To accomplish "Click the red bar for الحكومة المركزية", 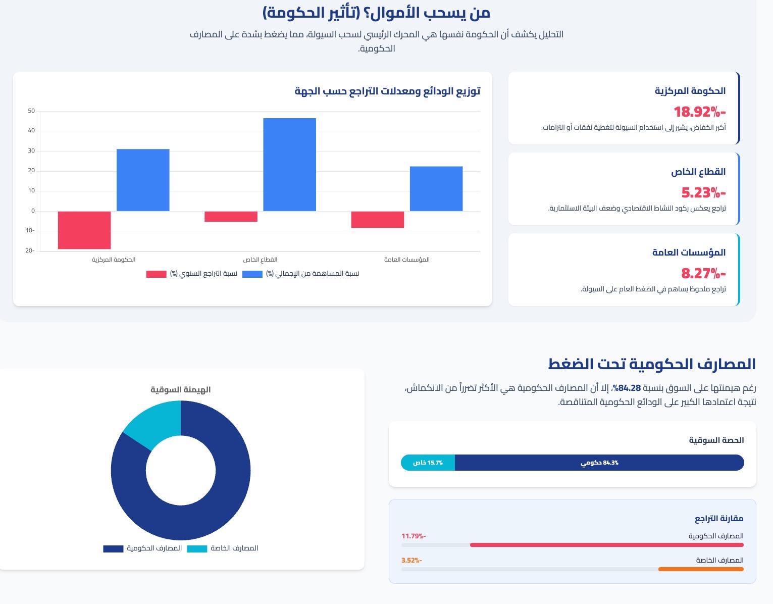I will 84,230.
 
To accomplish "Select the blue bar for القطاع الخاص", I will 289,164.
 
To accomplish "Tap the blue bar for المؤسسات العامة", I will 436,188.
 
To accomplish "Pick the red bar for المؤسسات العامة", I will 378,220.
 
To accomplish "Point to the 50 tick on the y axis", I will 31,111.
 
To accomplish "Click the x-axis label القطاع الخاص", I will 260,260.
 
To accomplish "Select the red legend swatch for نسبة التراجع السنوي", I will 156,274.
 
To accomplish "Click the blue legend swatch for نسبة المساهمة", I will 252,274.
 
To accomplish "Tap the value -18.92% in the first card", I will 699,112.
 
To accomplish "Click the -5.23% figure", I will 703,192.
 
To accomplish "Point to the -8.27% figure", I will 703,273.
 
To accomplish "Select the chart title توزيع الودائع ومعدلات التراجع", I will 387,91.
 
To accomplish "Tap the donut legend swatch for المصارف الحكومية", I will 113,549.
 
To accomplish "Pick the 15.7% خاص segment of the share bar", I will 428,463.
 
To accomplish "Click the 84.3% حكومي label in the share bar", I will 599,463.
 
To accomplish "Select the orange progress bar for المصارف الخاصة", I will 701,569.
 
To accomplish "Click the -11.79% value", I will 414,536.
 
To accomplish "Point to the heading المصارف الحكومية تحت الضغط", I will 651,364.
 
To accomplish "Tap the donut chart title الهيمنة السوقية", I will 181,390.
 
